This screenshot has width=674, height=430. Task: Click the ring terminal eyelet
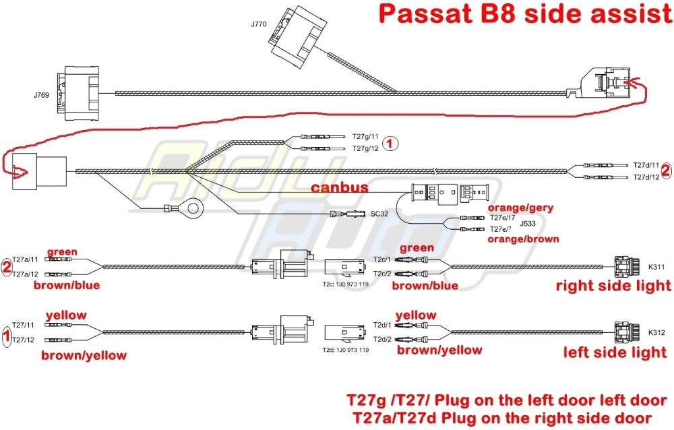(x=193, y=207)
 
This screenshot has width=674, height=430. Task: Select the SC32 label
(x=379, y=214)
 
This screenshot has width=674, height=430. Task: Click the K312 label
(x=656, y=332)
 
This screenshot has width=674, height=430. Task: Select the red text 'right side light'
(x=613, y=286)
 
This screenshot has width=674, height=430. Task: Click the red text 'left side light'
(x=615, y=352)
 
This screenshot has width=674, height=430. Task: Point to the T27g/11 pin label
(x=365, y=135)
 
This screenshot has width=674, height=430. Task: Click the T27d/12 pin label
(x=646, y=177)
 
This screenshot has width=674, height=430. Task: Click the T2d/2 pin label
(x=383, y=338)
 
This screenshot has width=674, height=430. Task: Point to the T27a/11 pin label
(x=26, y=259)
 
